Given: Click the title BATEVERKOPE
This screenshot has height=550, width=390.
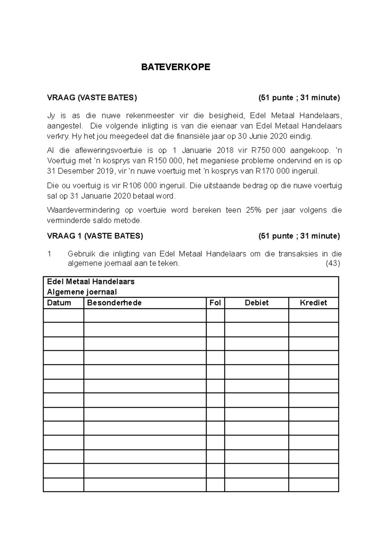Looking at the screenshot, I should tap(175, 67).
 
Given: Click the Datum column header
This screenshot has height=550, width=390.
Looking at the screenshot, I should tap(59, 303).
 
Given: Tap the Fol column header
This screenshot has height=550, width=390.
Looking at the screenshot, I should tap(215, 303).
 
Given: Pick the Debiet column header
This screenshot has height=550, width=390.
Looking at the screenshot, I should tap(256, 303).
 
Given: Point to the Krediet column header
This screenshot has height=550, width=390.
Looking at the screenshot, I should tap(313, 303).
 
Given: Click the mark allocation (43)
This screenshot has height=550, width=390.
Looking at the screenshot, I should tap(332, 263).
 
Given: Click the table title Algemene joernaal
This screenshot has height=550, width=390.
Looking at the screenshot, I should tap(82, 292).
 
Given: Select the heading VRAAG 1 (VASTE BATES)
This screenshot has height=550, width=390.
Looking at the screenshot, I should tap(95, 236).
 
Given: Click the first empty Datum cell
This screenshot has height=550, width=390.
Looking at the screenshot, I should tap(63, 316).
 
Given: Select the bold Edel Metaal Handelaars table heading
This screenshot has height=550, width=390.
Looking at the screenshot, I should tap(91, 281).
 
